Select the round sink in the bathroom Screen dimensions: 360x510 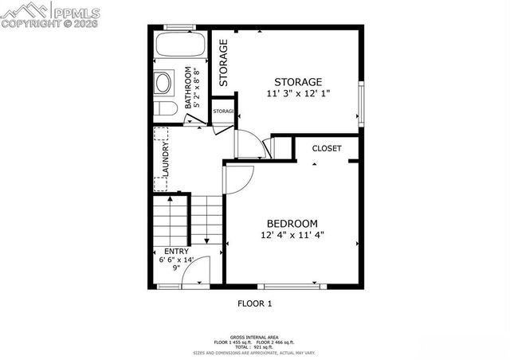tap(165, 83)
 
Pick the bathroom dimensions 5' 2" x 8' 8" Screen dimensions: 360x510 tap(198, 87)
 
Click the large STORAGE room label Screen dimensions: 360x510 tap(298, 82)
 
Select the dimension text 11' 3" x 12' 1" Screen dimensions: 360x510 tap(298, 94)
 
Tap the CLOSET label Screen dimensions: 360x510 tap(327, 149)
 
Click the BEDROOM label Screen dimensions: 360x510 tap(292, 223)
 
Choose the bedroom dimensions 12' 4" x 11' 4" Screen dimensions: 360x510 tap(292, 235)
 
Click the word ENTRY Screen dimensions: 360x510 tap(176, 251)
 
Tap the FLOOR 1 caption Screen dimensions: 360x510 tap(255, 303)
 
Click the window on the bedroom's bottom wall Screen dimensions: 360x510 tap(292, 286)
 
